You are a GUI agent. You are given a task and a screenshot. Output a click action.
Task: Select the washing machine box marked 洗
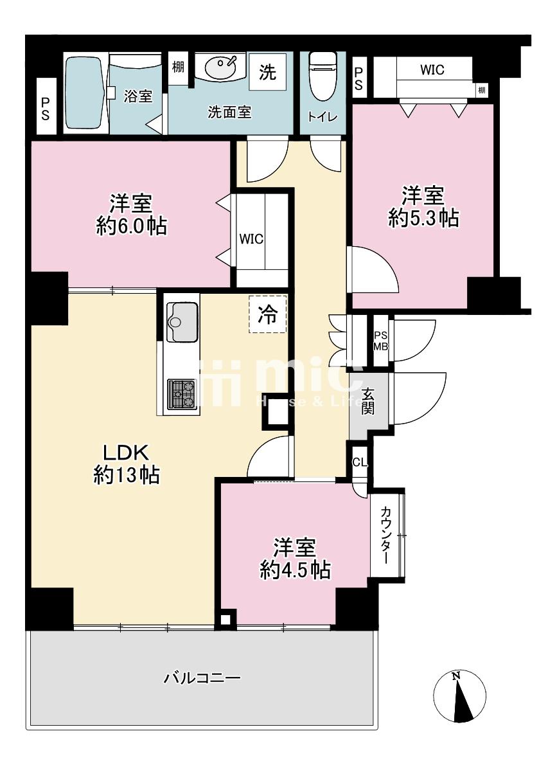pos(267,72)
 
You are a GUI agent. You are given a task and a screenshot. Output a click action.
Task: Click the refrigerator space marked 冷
pos(267,314)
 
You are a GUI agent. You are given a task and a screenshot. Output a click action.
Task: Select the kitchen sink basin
pos(182,321)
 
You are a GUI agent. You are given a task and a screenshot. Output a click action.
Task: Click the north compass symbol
pos(460,696)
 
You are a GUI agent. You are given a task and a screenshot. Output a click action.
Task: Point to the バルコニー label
pos(201,678)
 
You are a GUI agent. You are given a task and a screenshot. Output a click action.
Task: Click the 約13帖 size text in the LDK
pos(127,474)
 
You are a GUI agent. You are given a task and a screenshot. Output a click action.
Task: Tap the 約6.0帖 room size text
pos(131,226)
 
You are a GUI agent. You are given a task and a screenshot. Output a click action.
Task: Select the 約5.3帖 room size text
pos(423,218)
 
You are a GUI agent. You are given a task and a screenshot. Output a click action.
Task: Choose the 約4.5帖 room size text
pos(296,570)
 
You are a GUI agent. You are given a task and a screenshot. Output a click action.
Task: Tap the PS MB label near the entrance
pos(380,341)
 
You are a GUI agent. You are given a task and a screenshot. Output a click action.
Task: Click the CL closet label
pos(360,462)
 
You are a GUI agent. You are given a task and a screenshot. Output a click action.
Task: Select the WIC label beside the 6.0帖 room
pos(251,239)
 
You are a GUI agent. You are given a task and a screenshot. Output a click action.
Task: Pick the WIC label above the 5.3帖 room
pos(432,69)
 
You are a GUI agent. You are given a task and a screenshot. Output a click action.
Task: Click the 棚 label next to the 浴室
pos(178,67)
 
